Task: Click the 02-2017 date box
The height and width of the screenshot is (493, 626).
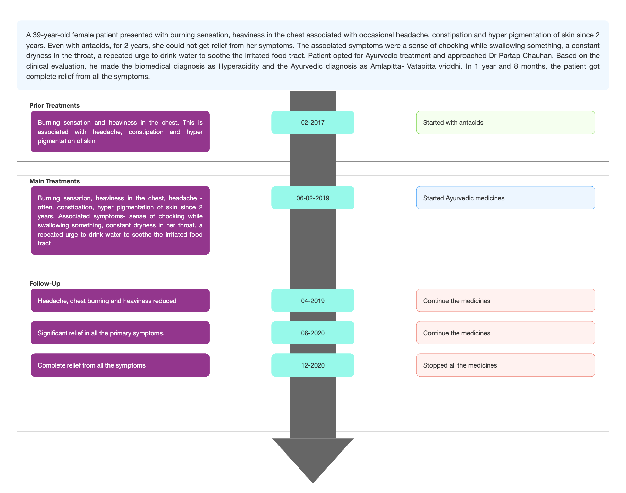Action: (312, 122)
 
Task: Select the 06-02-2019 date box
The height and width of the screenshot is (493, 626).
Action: (312, 198)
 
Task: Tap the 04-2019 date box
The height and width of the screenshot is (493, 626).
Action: (312, 301)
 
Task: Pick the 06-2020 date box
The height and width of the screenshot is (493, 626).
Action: (312, 333)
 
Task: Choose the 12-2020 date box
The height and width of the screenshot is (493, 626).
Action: (312, 365)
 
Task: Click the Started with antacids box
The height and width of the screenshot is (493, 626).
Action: (506, 122)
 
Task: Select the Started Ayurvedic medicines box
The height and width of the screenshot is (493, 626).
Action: (506, 198)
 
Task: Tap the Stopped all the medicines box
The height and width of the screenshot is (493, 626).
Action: (506, 365)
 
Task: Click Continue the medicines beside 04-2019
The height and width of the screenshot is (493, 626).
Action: (506, 301)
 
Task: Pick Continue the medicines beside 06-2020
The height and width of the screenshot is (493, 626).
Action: (506, 333)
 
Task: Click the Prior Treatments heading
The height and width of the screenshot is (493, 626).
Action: (54, 106)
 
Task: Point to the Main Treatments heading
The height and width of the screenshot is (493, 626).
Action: (54, 181)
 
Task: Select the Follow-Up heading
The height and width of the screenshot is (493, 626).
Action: (45, 284)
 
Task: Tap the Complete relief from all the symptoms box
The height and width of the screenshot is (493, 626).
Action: (120, 365)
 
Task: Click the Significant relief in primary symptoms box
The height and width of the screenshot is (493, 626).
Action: (120, 333)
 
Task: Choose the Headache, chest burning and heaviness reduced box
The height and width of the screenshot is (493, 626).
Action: (120, 301)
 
